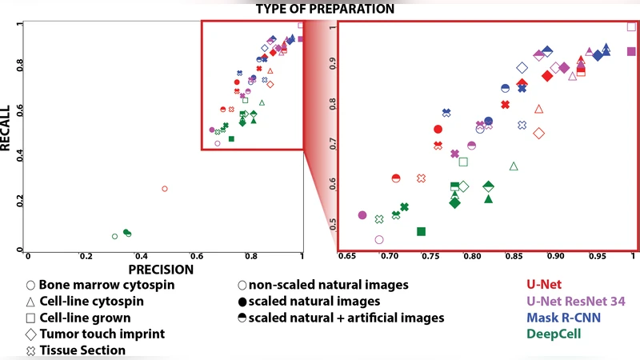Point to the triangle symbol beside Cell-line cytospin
coord(30,302)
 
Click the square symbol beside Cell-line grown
coord(30,318)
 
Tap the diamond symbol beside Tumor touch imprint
coord(30,334)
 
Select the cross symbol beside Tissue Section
coord(30,350)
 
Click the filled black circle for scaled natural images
coord(242,302)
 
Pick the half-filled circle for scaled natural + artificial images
coord(242,318)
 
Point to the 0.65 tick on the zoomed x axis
coord(348,257)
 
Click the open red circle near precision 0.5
coord(165,189)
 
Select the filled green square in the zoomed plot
coord(422,231)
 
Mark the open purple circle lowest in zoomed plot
coord(379,239)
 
